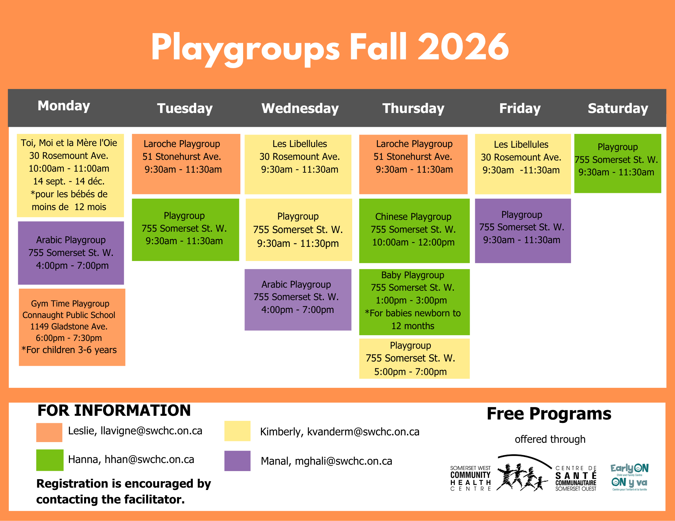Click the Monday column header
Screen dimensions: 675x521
pos(64,106)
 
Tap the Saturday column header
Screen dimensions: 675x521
pos(618,108)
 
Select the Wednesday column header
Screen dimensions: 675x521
pos(300,108)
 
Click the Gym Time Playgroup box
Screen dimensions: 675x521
pos(72,327)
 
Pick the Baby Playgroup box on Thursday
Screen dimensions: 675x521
pos(414,302)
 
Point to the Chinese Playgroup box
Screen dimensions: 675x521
pos(414,231)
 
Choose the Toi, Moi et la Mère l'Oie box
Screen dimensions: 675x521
pos(70,175)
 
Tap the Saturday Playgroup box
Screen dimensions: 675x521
pos(618,163)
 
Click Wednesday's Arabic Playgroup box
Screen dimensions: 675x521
pos(298,299)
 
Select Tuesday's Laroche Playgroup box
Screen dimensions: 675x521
pos(186,164)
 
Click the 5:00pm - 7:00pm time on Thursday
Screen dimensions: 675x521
pos(410,372)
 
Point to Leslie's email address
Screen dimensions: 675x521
pos(151,431)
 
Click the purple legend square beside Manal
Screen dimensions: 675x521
pos(237,461)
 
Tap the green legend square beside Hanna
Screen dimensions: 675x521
pos(50,460)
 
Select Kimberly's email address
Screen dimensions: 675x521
pos(363,432)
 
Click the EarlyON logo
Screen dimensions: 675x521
pos(629,477)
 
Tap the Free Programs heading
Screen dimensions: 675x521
pos(549,414)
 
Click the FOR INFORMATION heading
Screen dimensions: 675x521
pos(114,410)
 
